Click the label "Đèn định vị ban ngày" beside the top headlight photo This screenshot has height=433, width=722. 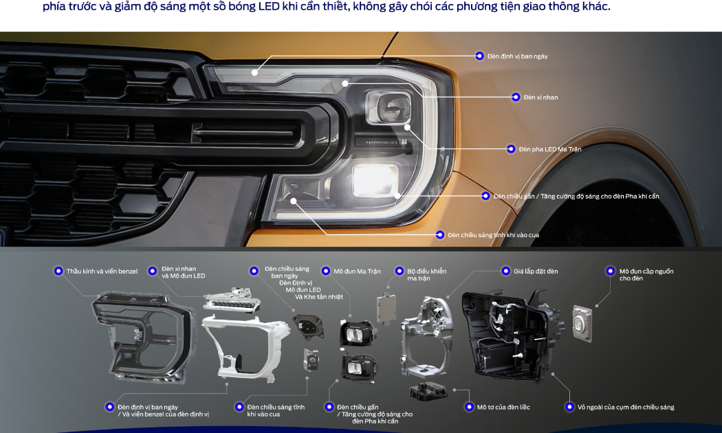[x=518, y=56]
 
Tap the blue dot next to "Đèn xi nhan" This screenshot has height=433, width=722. [x=516, y=97]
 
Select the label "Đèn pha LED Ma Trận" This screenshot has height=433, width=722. [x=550, y=149]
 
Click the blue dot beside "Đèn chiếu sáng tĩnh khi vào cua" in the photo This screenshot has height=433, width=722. [x=440, y=234]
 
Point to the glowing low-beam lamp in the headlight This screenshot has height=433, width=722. [x=375, y=179]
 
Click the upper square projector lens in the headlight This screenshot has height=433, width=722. [x=389, y=107]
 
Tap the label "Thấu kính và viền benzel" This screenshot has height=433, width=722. [x=102, y=271]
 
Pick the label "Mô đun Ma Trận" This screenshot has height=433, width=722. [x=357, y=271]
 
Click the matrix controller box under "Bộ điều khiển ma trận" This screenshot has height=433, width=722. [x=386, y=307]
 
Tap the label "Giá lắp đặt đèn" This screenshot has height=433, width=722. [x=536, y=271]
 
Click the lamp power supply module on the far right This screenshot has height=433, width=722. [x=582, y=323]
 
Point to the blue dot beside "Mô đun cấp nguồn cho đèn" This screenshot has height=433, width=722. [x=610, y=271]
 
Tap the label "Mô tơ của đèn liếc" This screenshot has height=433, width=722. [x=503, y=408]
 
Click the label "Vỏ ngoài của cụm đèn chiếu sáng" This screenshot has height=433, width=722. [x=626, y=408]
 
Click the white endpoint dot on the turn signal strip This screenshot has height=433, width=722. [x=345, y=83]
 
